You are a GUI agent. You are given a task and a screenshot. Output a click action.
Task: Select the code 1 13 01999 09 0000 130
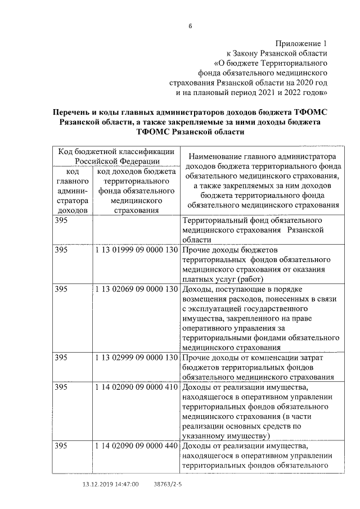click(137, 250)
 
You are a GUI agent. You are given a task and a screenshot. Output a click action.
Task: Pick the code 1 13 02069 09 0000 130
click(137, 289)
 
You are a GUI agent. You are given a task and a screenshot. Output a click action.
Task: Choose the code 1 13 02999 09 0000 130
click(137, 358)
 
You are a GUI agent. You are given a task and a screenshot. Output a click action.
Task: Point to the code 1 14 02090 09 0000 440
click(137, 446)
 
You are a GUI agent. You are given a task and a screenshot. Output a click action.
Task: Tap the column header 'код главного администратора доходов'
click(73, 191)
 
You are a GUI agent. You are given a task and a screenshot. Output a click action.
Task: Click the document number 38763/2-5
click(168, 484)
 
